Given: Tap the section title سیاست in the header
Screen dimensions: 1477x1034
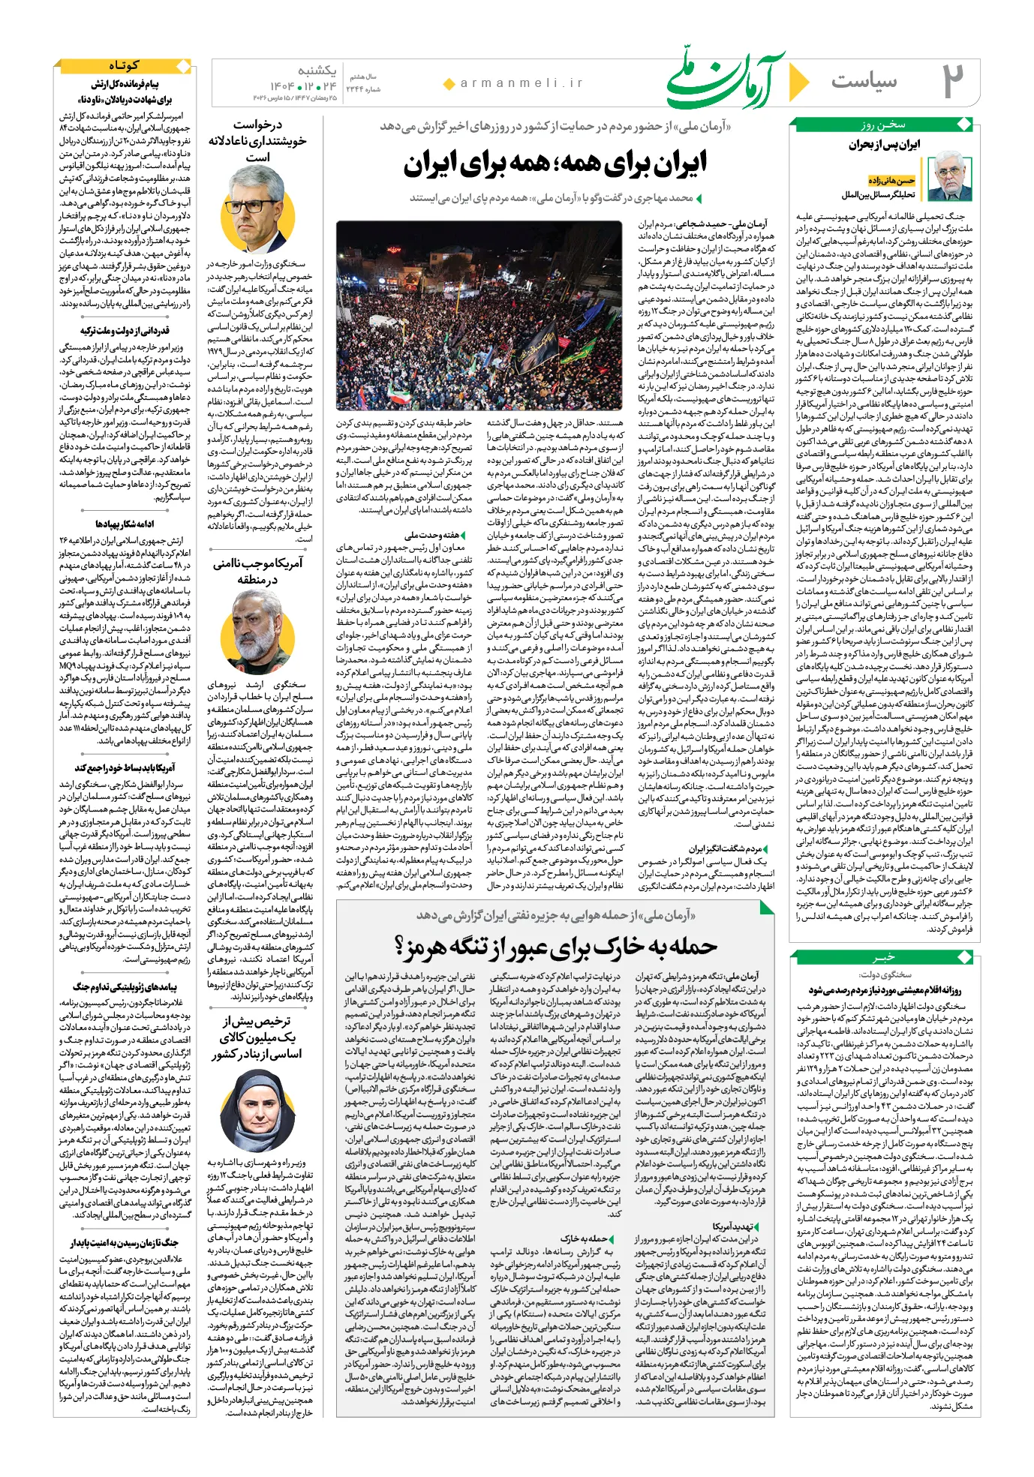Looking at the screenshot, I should click(x=864, y=81).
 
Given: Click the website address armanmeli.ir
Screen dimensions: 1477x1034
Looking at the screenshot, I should click(x=522, y=83).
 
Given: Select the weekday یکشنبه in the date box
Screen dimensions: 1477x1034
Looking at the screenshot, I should click(x=317, y=71).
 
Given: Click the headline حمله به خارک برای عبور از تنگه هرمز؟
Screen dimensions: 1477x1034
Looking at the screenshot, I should click(x=556, y=947).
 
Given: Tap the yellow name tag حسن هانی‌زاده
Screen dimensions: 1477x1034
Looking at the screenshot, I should click(x=891, y=181).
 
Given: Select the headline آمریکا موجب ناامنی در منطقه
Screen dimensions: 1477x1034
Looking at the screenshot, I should click(x=257, y=571).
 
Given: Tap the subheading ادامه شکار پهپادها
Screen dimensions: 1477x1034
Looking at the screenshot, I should click(x=125, y=524).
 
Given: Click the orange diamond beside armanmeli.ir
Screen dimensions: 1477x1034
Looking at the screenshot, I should click(x=449, y=84).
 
